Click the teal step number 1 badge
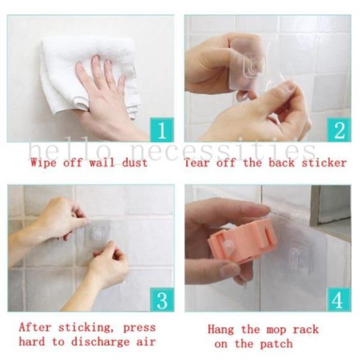162,130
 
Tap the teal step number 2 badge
339,130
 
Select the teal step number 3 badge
162,299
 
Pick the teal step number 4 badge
339,299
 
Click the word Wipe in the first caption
43,163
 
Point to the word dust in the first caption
135,163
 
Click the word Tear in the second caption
197,163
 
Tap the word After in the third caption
34,327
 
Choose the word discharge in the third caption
100,342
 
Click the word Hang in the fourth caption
221,329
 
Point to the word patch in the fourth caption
276,344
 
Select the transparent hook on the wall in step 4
299,259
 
